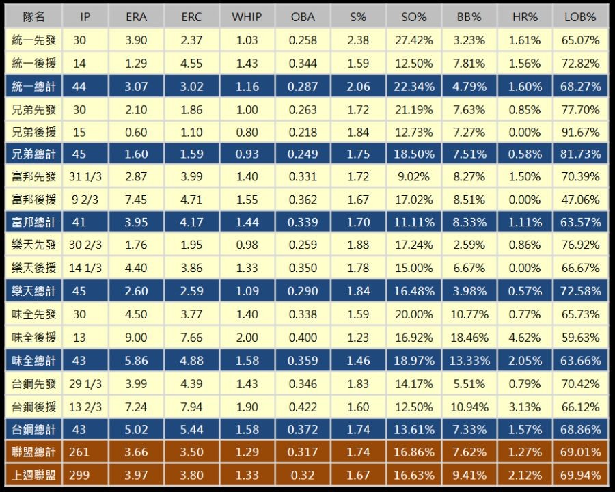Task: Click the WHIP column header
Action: (247, 17)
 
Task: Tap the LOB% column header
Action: (582, 17)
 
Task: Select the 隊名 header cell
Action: (33, 17)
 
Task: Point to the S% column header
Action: (358, 17)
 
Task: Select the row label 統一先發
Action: (33, 40)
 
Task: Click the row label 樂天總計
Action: (33, 292)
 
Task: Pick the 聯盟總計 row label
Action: (33, 452)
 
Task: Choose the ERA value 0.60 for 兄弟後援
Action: (137, 132)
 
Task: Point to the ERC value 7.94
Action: (191, 407)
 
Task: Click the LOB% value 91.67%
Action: (582, 132)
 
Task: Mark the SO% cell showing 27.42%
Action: (414, 40)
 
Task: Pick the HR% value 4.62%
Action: (525, 338)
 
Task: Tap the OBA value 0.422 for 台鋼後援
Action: (303, 407)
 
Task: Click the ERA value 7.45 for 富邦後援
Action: (137, 200)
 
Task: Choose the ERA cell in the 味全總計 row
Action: (137, 361)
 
